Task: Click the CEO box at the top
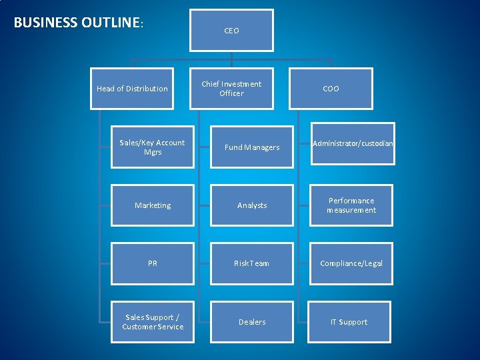231,31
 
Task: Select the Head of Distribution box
132,89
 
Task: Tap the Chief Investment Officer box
231,89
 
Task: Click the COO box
331,89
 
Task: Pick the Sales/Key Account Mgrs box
153,147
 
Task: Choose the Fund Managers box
252,147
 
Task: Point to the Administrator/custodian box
351,143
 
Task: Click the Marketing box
153,205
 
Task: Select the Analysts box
252,205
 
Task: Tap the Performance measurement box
351,205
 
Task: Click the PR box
153,263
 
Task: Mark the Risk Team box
252,263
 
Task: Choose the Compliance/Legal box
351,263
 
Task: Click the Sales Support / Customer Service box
153,322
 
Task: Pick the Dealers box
252,322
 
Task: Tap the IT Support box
349,322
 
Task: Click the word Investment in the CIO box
241,84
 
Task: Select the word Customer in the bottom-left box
137,327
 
